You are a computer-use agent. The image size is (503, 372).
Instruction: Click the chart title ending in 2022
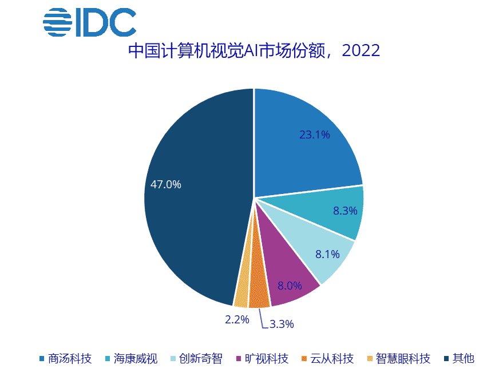tap(254, 51)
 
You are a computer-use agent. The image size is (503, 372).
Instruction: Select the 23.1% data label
tap(315, 135)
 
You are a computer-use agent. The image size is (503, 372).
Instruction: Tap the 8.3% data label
tap(345, 211)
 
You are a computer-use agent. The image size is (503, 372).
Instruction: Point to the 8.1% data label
tap(327, 254)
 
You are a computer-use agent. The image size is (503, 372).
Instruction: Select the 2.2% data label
tap(237, 320)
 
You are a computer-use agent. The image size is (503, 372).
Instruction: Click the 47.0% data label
tap(166, 184)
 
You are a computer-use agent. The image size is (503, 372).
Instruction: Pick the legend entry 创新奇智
tap(196, 359)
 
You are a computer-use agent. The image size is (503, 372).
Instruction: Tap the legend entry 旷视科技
tap(262, 359)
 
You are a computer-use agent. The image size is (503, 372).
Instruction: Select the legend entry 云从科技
tap(327, 359)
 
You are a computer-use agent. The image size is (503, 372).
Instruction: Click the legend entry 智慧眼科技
tap(398, 359)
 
